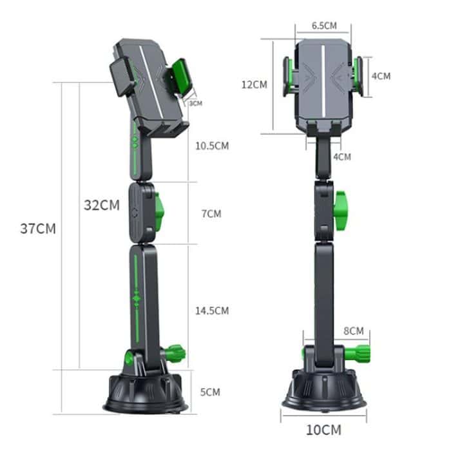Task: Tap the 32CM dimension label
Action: coord(102,206)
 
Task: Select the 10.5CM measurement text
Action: coord(212,146)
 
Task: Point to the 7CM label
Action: coord(211,213)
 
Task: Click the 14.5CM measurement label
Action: coord(212,311)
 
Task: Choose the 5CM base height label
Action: coord(210,392)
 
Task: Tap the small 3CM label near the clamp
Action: coord(195,103)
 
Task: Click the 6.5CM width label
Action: coord(324,26)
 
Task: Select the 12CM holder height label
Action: coord(254,84)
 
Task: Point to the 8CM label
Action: coord(353,331)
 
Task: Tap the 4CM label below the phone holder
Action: coord(342,157)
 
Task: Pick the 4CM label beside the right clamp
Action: coord(381,75)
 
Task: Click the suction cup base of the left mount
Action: coord(146,393)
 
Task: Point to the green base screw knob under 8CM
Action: coord(360,353)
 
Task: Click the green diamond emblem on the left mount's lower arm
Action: coord(136,298)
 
